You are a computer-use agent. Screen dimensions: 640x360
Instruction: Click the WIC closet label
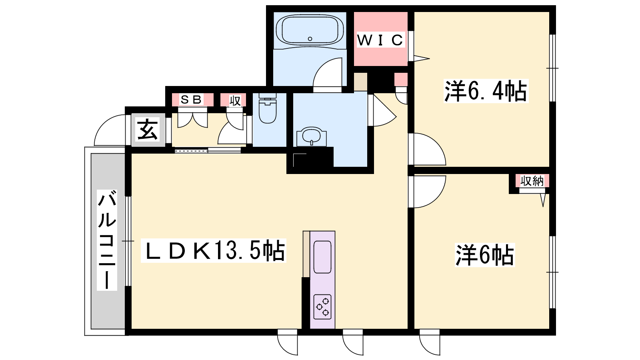point(380,40)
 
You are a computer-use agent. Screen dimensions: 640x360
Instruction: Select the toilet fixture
point(268,108)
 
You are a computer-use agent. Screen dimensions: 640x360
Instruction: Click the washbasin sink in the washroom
point(312,137)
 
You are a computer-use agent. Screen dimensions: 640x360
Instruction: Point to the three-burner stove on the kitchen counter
point(322,306)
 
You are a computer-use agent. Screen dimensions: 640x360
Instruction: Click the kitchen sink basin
point(322,257)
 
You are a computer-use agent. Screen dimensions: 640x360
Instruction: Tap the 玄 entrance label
point(148,130)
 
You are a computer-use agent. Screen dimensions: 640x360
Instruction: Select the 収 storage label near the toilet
point(235,100)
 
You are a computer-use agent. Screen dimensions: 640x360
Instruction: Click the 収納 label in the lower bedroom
point(532,181)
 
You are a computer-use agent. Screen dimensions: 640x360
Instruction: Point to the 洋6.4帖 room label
point(486,91)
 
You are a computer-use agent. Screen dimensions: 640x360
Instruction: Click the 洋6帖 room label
point(485,255)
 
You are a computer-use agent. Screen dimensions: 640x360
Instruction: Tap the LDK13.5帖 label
point(214,250)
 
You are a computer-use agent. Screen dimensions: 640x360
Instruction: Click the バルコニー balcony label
point(106,240)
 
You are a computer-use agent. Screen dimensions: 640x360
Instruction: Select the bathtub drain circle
point(310,39)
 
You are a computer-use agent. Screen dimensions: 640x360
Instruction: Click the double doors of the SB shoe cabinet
point(192,118)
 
